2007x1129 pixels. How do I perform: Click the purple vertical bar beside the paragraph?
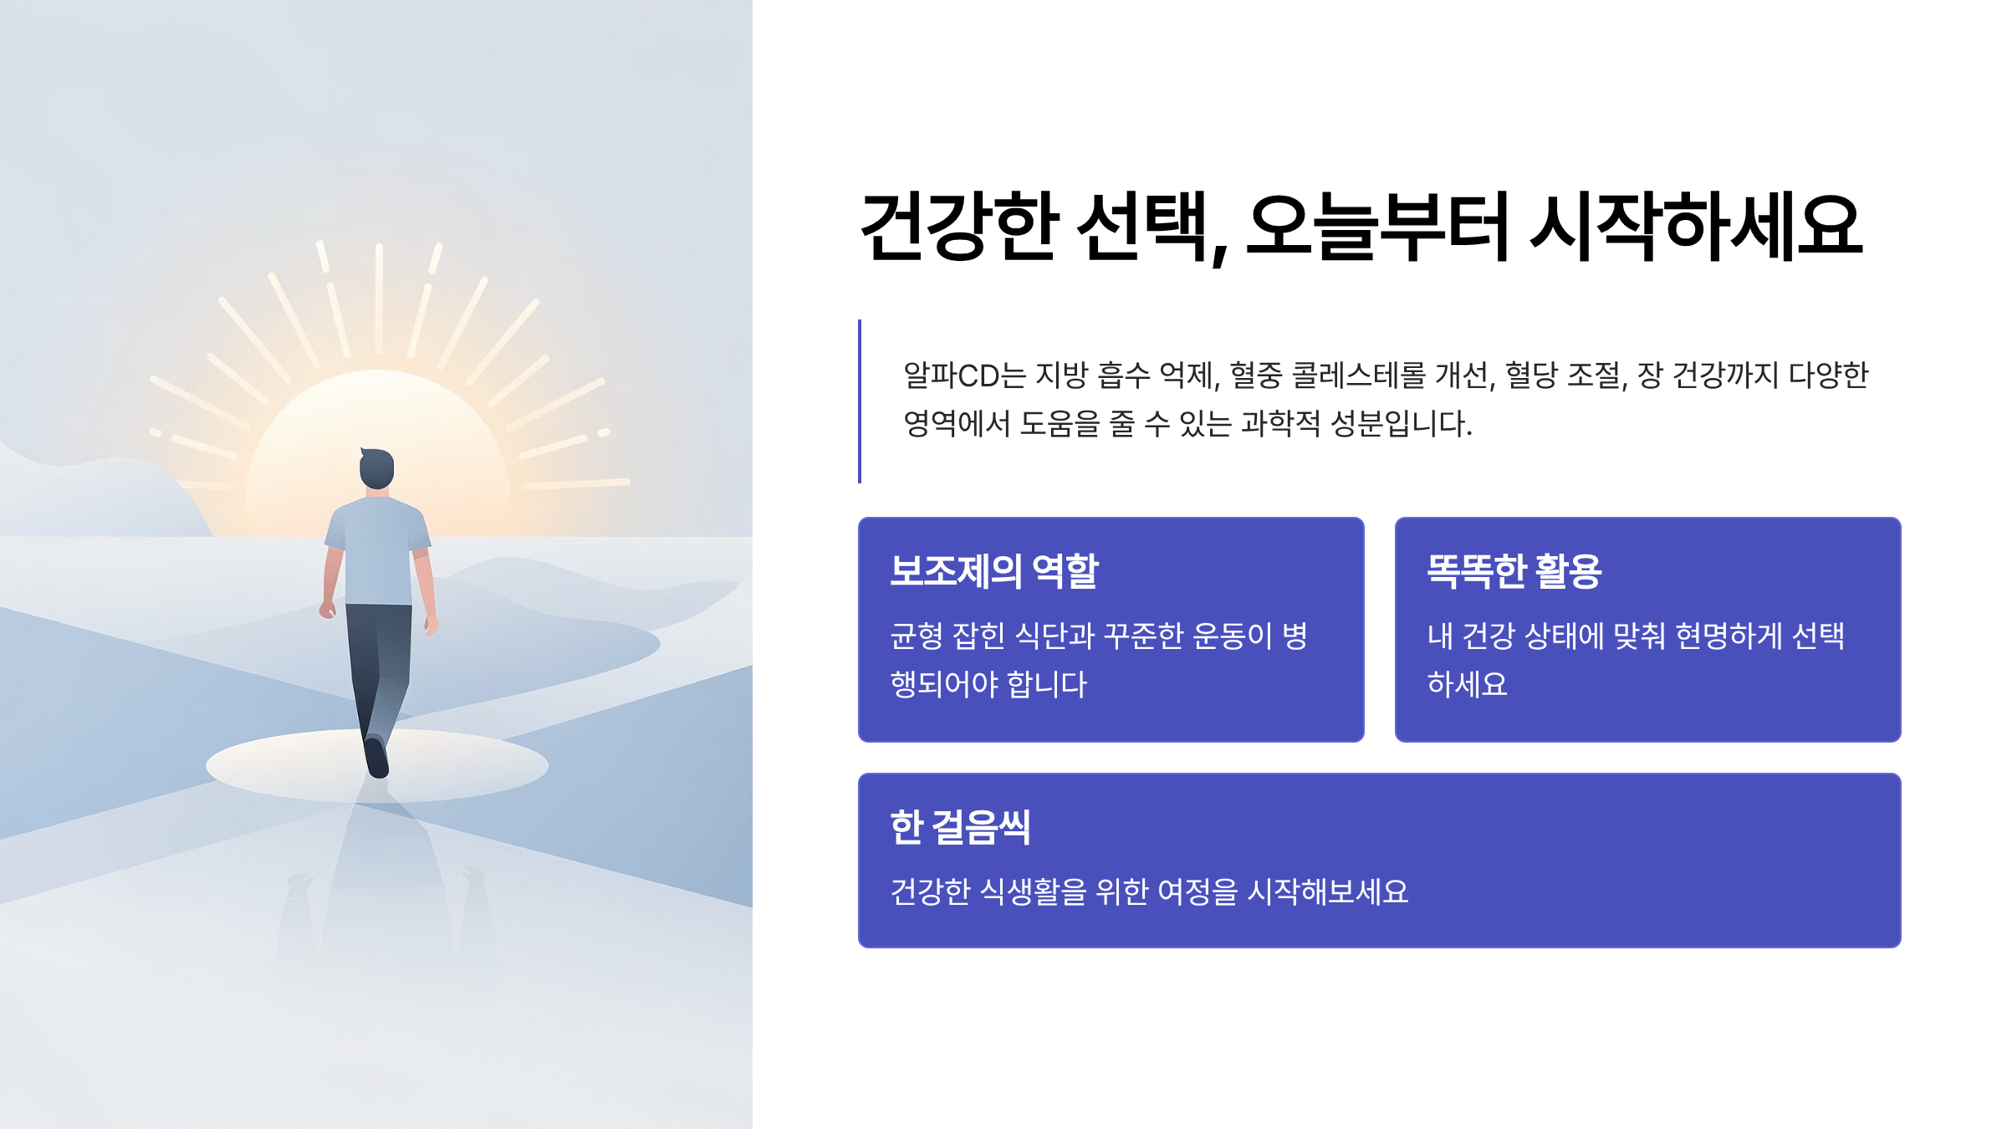coord(860,401)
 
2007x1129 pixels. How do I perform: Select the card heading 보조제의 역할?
coord(993,571)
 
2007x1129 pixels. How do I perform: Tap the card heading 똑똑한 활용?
coord(1514,571)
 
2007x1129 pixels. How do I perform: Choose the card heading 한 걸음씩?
coord(960,827)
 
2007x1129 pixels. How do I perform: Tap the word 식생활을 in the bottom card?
coord(1033,891)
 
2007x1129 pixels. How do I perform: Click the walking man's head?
coord(376,468)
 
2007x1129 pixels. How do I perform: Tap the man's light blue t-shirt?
coord(378,552)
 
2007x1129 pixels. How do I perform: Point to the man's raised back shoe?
coord(377,757)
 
